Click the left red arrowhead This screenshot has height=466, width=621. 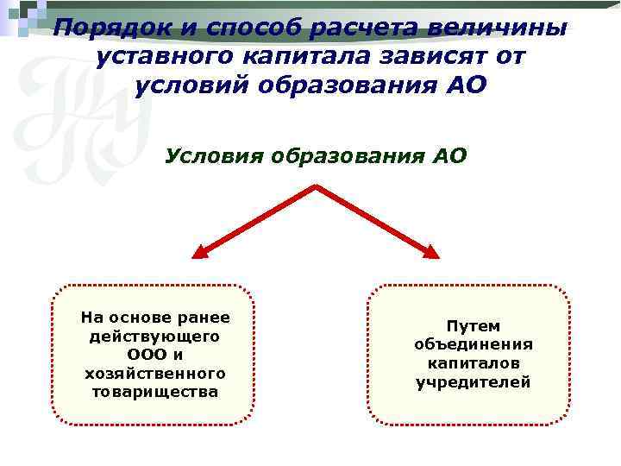point(200,251)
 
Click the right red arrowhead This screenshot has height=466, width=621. point(431,251)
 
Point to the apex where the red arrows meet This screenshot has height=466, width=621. point(317,186)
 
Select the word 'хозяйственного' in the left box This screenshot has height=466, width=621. point(155,373)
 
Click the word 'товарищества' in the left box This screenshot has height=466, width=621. point(155,392)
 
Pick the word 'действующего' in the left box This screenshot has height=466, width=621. point(155,335)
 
